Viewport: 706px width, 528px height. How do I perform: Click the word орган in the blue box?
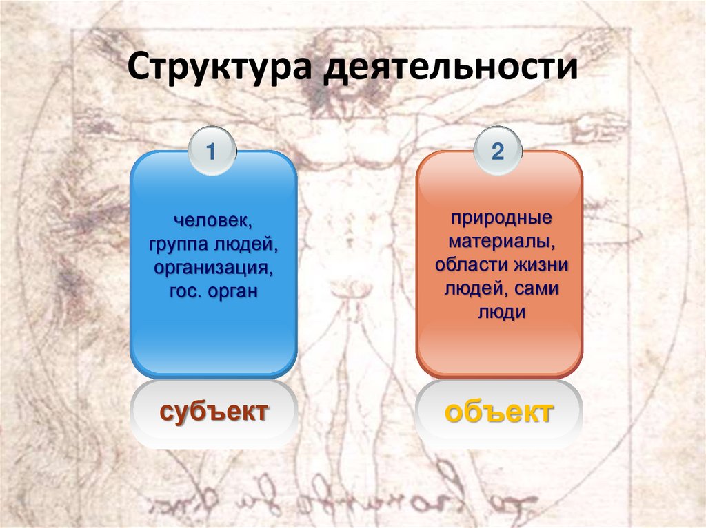[233, 291]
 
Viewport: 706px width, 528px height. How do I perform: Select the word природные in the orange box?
[502, 219]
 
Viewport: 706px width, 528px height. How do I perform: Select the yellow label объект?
[498, 413]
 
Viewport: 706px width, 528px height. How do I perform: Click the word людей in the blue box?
[246, 246]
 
